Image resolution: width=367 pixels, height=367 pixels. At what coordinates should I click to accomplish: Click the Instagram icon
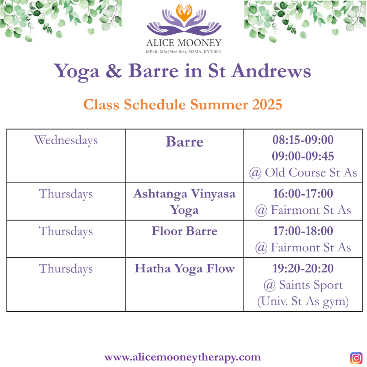click(356, 358)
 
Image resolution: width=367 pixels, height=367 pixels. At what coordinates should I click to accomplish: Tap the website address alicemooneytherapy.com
click(182, 357)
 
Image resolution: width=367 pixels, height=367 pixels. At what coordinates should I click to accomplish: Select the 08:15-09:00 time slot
click(303, 140)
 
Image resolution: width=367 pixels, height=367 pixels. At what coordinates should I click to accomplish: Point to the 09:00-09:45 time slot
click(303, 156)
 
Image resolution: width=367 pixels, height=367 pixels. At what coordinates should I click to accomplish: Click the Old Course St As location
click(303, 173)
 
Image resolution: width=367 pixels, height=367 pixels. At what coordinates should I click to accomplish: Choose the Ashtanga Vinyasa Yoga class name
click(185, 202)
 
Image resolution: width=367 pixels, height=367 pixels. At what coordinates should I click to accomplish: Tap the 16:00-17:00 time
click(303, 193)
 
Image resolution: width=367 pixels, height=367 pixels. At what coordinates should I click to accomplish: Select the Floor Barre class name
click(185, 231)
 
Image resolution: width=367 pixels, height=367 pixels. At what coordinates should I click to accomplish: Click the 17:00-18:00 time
click(303, 231)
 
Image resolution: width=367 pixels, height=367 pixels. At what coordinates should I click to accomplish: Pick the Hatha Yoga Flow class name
click(185, 269)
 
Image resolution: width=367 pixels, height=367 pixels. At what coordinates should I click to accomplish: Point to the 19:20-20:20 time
click(303, 269)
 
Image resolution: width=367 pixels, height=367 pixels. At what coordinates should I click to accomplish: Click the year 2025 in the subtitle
click(267, 104)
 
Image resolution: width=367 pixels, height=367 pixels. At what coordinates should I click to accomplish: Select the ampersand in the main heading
click(114, 71)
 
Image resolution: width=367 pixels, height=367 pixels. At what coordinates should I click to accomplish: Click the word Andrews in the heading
click(271, 71)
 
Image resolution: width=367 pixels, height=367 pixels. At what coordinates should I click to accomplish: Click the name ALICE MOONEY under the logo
click(184, 43)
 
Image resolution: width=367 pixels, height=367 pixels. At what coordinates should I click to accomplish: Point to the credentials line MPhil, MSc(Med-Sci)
click(183, 52)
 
